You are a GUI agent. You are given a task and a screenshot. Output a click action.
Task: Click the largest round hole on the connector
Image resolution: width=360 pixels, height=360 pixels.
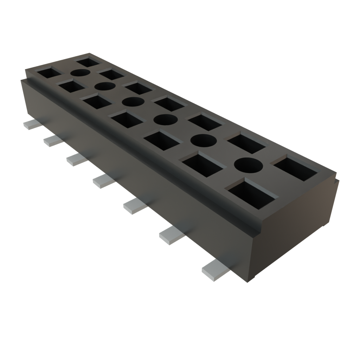[249, 165]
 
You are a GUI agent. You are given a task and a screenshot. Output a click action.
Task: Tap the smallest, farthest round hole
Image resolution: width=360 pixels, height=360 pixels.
[81, 73]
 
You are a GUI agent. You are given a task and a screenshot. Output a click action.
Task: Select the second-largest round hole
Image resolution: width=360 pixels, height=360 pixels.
[203, 141]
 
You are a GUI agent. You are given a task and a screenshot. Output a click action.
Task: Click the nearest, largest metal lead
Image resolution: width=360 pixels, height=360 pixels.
[215, 270]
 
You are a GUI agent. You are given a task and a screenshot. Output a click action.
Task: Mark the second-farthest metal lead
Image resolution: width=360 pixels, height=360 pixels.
[53, 141]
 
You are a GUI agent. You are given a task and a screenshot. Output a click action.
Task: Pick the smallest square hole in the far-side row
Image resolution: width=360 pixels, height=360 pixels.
[88, 63]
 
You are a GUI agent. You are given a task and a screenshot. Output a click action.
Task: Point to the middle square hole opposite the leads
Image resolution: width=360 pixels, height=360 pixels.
[168, 104]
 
